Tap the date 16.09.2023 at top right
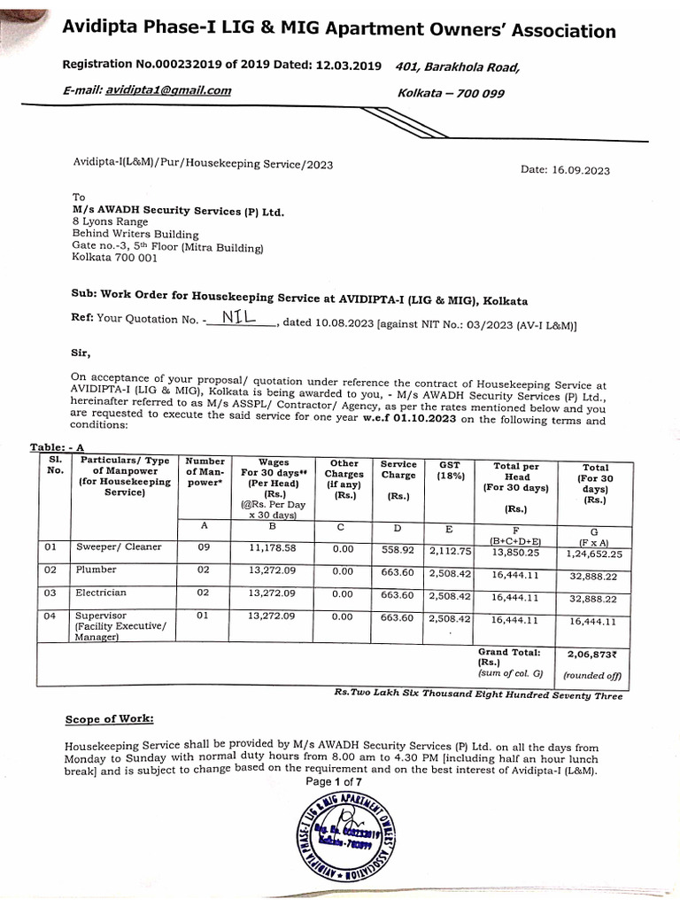click(x=566, y=171)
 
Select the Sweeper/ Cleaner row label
click(x=119, y=547)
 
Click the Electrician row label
click(x=101, y=593)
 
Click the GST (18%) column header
click(x=449, y=469)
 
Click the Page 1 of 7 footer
click(x=340, y=782)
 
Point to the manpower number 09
click(x=204, y=547)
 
